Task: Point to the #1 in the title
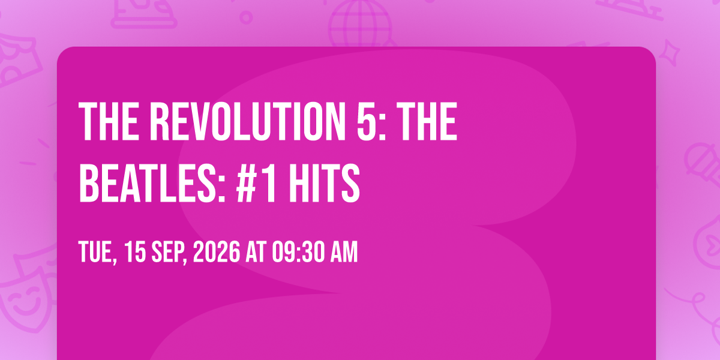click(x=256, y=183)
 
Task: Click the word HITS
click(x=325, y=183)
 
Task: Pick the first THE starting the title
click(x=109, y=121)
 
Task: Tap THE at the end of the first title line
click(x=427, y=121)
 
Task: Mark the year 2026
click(x=217, y=251)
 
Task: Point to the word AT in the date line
click(x=256, y=251)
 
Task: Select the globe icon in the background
click(x=361, y=23)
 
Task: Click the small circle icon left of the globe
click(x=246, y=17)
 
